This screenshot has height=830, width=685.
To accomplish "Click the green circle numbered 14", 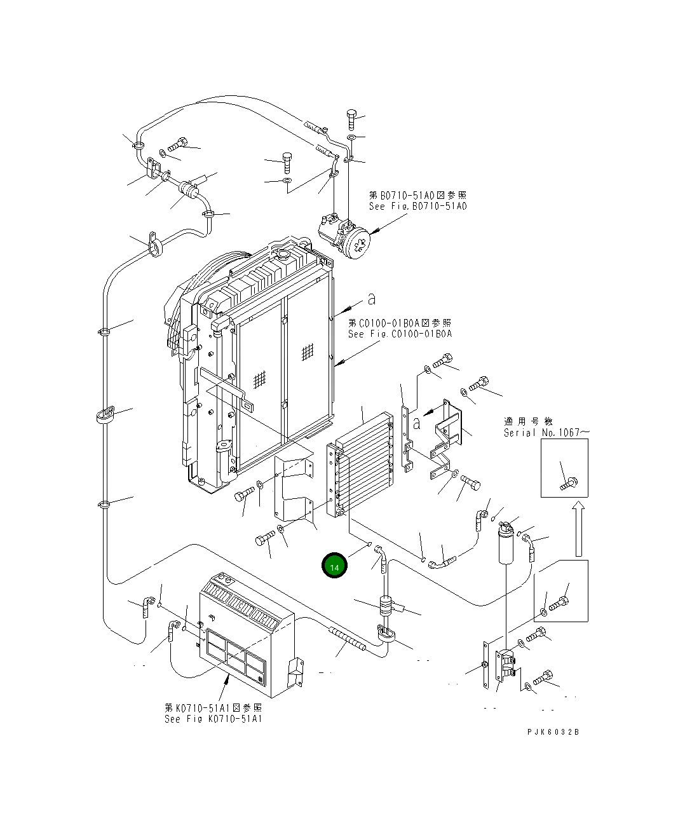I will point(334,566).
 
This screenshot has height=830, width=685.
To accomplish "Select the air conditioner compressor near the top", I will point(346,238).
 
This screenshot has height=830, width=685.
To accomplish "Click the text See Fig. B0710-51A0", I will point(417,207).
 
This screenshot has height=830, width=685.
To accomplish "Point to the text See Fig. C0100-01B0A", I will point(400,334).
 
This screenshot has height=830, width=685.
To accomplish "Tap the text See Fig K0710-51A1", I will point(213,719).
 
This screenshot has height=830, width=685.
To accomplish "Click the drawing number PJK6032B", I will point(553,731).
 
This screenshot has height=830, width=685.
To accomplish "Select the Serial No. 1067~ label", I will point(546,433).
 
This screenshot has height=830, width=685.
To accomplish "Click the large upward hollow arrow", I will point(578,527).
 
